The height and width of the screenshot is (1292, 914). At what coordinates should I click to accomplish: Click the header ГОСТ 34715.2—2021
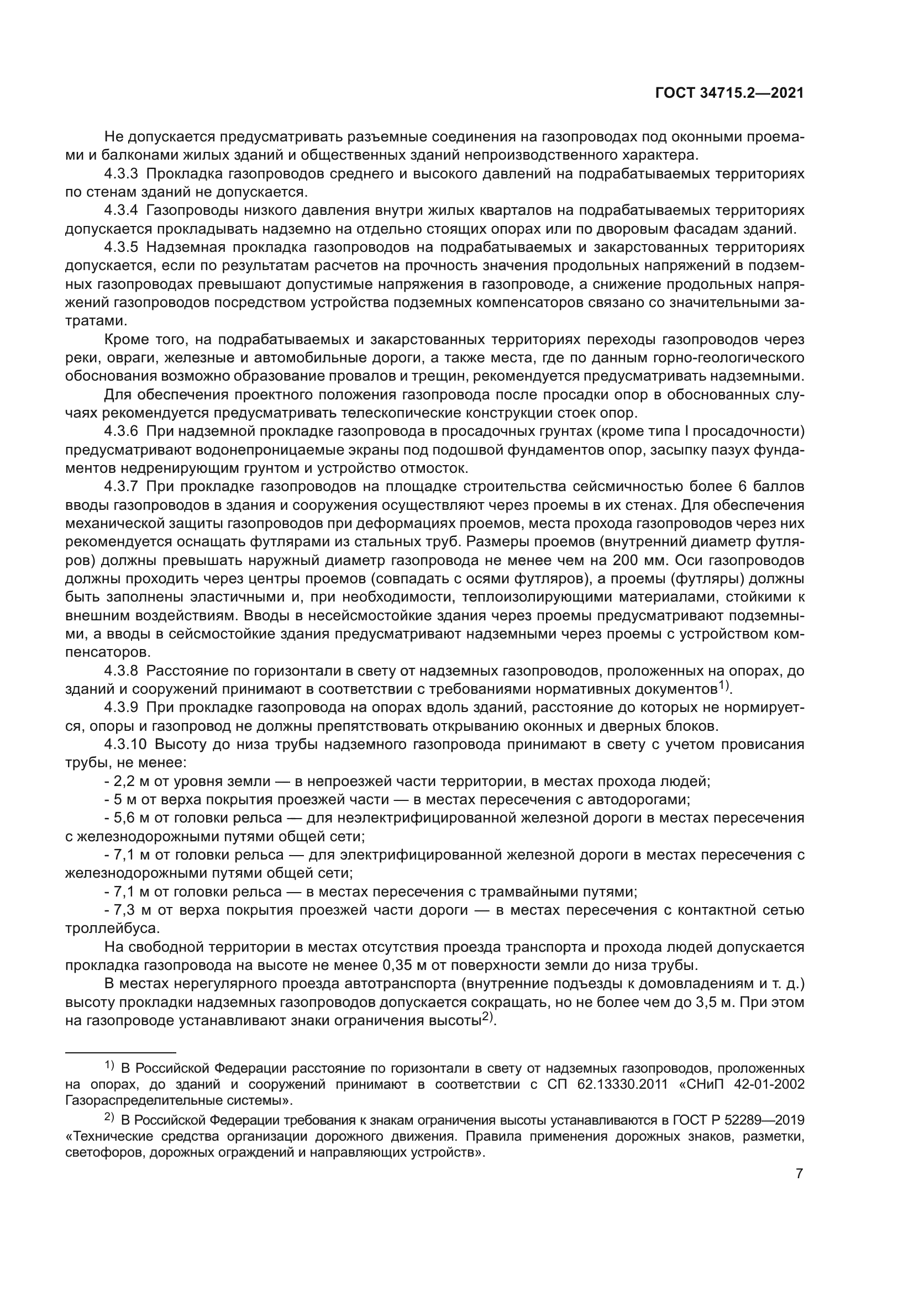729,93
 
